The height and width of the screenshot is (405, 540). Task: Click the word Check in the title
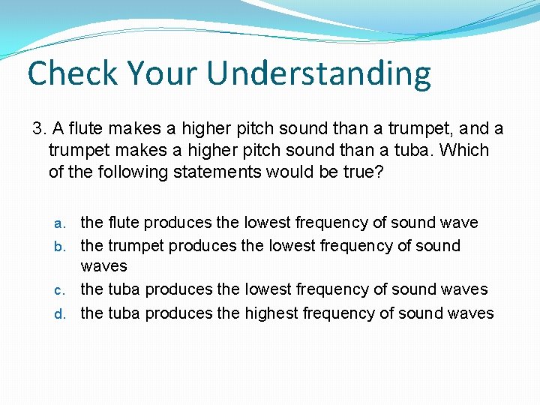(x=72, y=73)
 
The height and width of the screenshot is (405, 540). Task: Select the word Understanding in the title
(x=319, y=73)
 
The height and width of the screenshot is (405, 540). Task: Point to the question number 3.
(x=39, y=129)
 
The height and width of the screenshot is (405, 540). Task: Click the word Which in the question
(x=464, y=150)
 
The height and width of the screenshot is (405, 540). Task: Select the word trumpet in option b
(x=136, y=245)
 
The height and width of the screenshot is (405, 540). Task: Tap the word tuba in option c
(x=124, y=289)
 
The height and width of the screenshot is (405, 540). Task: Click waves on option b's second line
(x=103, y=266)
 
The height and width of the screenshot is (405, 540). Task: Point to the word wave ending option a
(x=459, y=223)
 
